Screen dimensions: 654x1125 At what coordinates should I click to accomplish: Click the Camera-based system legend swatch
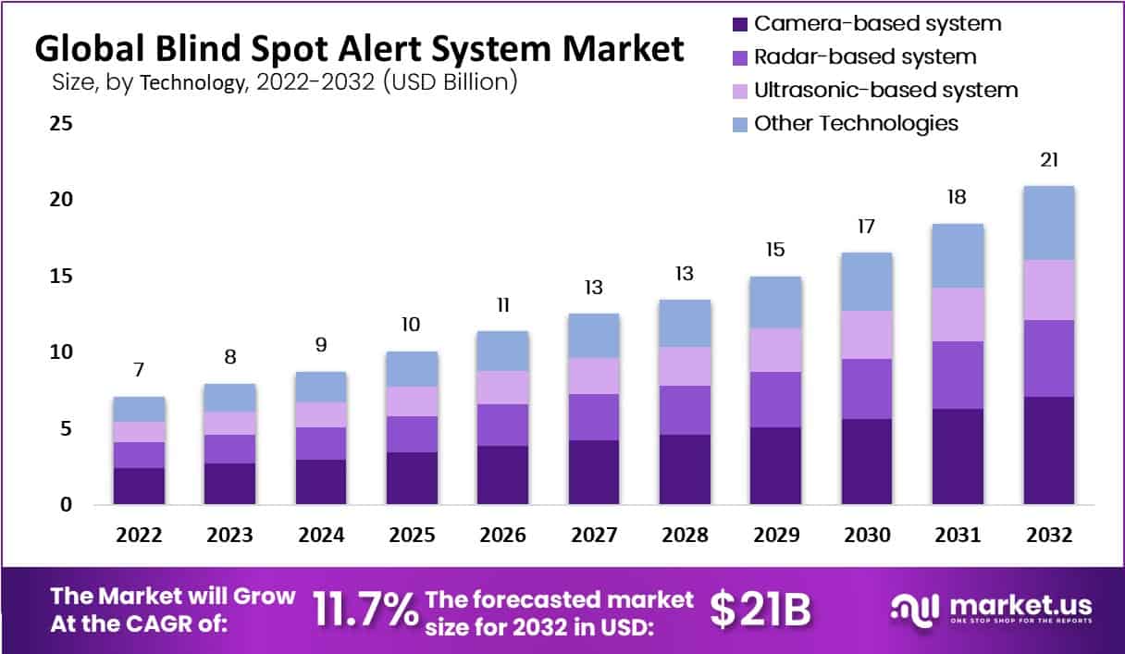(x=739, y=24)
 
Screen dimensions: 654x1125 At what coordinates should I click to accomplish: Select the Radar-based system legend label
(x=864, y=57)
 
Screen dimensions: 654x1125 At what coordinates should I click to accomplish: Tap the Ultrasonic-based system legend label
(x=885, y=91)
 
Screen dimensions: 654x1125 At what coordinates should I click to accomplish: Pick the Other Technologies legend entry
(x=856, y=123)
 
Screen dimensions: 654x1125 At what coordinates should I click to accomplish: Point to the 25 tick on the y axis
(x=61, y=123)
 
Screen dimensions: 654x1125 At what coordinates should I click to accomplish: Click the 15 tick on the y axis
(x=61, y=277)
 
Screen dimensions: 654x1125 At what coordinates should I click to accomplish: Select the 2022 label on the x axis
(x=140, y=536)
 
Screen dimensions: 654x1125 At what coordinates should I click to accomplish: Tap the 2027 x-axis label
(x=594, y=536)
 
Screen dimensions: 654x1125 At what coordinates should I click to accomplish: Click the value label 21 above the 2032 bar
(x=1049, y=160)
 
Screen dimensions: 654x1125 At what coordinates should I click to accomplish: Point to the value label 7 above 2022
(x=140, y=371)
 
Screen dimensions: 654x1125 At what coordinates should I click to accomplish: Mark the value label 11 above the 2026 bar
(x=502, y=305)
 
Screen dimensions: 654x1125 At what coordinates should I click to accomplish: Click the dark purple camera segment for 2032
(x=1049, y=450)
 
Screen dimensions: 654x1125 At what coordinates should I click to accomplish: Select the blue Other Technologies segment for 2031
(x=958, y=255)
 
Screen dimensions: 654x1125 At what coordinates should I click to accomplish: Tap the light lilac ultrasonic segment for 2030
(x=867, y=335)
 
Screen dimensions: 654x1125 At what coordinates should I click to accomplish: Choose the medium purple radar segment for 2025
(x=413, y=434)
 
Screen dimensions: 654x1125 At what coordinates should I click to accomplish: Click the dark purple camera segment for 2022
(x=140, y=486)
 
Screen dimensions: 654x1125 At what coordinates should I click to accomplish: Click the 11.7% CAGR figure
(x=365, y=609)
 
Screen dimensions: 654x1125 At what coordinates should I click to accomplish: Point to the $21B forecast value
(x=760, y=609)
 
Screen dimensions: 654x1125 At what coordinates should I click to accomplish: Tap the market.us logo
(x=990, y=609)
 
